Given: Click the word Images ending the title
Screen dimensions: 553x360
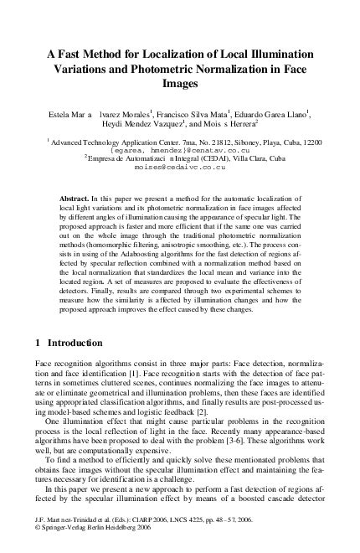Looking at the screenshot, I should (x=179, y=84).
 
